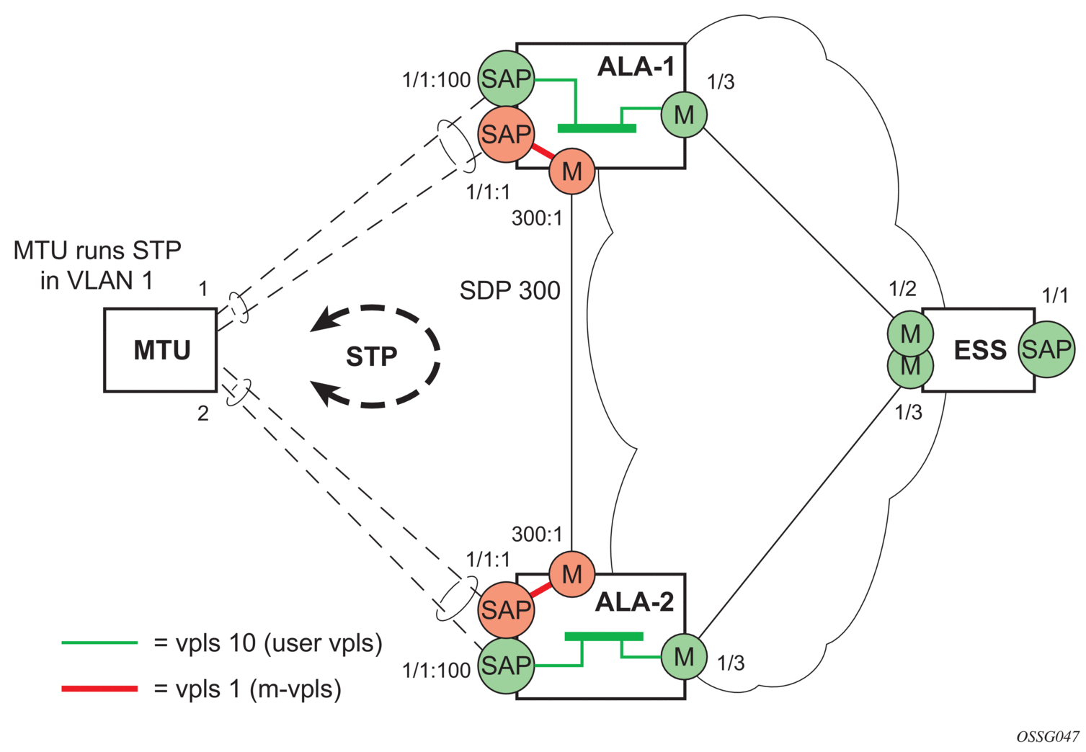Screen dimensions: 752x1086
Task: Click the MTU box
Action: pos(161,350)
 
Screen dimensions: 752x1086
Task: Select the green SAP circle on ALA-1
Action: pos(507,79)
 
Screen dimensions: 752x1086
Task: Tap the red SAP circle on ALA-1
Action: pos(506,134)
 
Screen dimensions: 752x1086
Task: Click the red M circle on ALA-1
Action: pos(572,171)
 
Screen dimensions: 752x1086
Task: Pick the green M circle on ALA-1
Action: pos(684,115)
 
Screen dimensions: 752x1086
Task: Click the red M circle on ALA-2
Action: pos(572,574)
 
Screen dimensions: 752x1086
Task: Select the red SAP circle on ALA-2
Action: pos(506,610)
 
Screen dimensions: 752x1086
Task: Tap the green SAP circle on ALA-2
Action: pos(507,665)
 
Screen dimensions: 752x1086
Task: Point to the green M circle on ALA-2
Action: pos(684,657)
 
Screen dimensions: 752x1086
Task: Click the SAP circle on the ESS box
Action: pos(1046,349)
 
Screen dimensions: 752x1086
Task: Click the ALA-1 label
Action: pos(636,67)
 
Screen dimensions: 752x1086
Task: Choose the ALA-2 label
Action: pos(634,601)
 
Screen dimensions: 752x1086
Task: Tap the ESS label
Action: pos(980,350)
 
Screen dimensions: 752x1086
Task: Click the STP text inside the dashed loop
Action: pos(372,357)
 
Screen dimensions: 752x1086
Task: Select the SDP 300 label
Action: pos(510,290)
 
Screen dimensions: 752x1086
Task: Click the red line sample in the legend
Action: pos(99,689)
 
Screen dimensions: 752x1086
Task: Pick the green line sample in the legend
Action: pos(99,643)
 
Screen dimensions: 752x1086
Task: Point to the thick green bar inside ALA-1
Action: pos(597,129)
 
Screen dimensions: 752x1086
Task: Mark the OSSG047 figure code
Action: pos(1048,736)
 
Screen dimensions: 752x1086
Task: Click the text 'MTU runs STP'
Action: pos(97,251)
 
